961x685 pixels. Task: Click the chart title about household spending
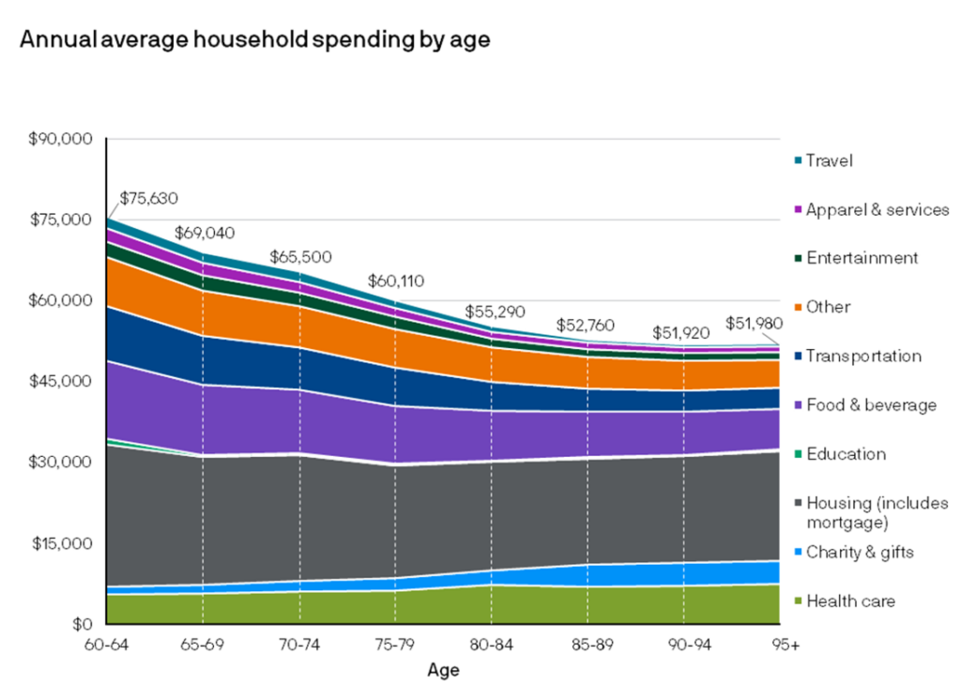coord(254,40)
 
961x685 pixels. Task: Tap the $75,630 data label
coord(148,199)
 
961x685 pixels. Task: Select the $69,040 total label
coord(205,234)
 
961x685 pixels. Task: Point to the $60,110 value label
coord(395,280)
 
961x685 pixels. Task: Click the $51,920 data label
coord(682,332)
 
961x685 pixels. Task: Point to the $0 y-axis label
coord(84,624)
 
